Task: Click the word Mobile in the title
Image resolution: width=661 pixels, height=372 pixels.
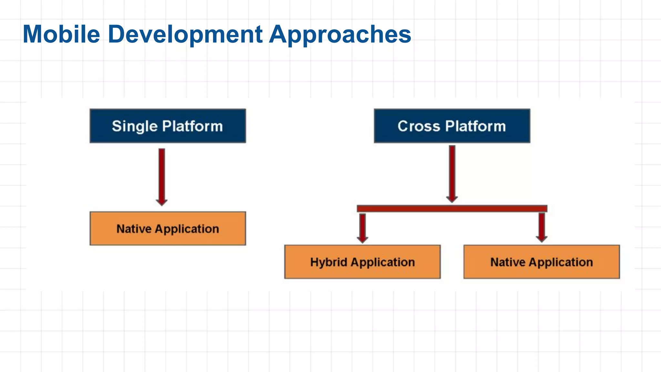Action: coord(61,34)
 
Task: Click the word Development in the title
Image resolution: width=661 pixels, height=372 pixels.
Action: coord(185,34)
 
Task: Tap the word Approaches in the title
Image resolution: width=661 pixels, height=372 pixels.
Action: coord(340,34)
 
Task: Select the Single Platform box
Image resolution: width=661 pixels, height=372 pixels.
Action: coord(168,126)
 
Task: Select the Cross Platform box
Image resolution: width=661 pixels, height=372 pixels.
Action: coord(452,126)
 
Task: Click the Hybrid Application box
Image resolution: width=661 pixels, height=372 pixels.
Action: coord(362,262)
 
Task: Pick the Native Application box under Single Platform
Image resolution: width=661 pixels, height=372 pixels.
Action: coord(168,229)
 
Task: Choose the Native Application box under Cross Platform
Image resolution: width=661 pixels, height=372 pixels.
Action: coord(542,262)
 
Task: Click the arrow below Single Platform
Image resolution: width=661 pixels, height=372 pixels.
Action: coord(162,176)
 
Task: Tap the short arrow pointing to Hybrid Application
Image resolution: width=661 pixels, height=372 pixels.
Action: coord(362,228)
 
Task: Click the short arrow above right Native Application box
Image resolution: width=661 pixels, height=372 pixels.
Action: coord(542,227)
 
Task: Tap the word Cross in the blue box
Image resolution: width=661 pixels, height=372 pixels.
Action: coord(419,126)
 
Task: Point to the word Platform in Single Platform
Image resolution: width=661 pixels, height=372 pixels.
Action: coord(192,126)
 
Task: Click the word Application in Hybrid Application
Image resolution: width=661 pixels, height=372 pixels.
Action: coord(383,262)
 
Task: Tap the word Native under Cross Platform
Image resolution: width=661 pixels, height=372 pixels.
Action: coord(508,262)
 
